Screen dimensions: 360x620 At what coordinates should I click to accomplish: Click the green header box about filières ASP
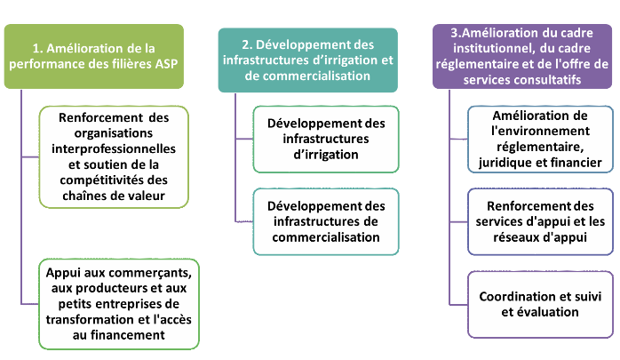click(95, 55)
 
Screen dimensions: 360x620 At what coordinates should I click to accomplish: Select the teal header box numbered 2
click(306, 60)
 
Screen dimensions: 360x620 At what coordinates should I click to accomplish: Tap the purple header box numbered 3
click(521, 55)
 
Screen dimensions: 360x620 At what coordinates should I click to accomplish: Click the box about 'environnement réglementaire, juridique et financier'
click(540, 140)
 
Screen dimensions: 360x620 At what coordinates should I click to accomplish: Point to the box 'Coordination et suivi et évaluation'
click(540, 304)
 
